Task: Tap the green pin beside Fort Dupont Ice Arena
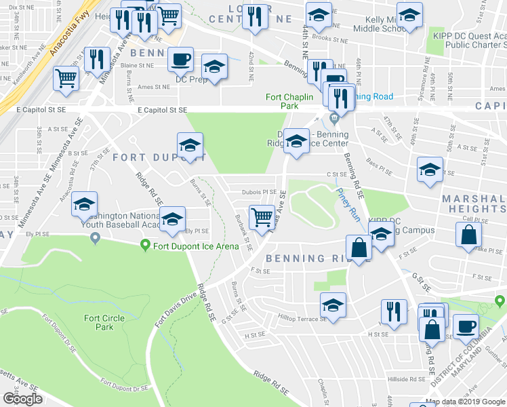(x=144, y=245)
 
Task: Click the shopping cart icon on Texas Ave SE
(x=262, y=217)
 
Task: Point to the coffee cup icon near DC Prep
(x=180, y=59)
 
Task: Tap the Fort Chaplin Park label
(x=289, y=101)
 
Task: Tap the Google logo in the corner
(x=22, y=399)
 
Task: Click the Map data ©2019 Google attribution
(x=466, y=402)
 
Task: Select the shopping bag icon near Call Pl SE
(x=468, y=235)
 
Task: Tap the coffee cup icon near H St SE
(x=465, y=326)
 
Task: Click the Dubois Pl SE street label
(x=260, y=192)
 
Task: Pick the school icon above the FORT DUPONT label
(x=190, y=144)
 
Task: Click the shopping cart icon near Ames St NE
(x=66, y=78)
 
